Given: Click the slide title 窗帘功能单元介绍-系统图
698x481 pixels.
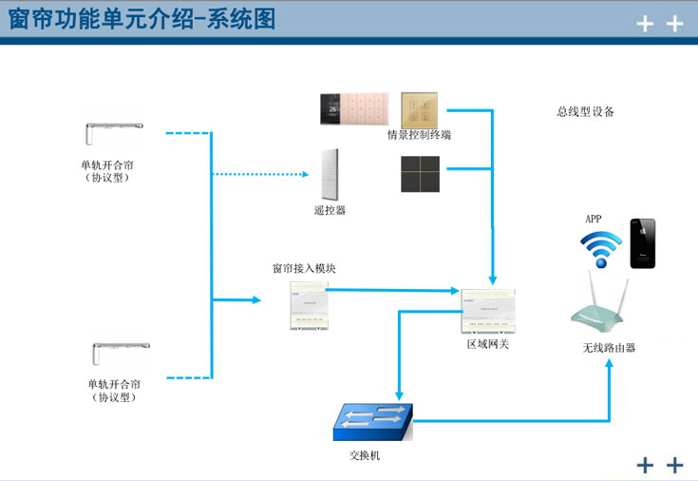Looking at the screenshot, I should (x=142, y=20).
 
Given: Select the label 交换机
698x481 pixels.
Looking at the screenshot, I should (x=365, y=456).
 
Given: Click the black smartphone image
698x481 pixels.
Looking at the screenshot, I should (x=642, y=243).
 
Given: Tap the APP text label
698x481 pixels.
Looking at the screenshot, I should (x=594, y=220).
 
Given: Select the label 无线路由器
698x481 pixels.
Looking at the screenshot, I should (x=609, y=348).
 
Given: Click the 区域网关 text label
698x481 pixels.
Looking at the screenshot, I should (x=488, y=344).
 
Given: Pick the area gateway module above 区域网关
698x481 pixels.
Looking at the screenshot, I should (x=488, y=308).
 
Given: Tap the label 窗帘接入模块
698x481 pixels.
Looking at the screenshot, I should (x=304, y=269).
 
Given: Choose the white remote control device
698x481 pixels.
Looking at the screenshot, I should (x=330, y=174).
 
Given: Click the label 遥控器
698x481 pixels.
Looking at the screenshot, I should (x=330, y=210).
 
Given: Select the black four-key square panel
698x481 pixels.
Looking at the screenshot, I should (x=420, y=173).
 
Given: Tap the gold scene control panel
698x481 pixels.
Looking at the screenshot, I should (x=420, y=108).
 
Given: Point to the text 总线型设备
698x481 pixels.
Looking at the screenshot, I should (x=585, y=111).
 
